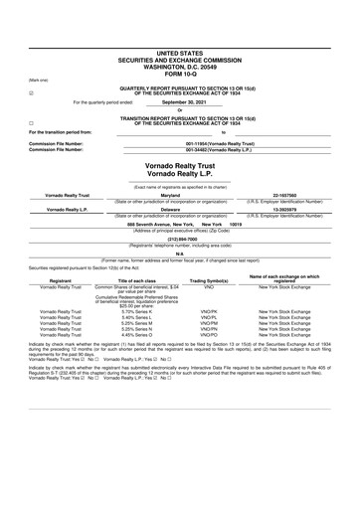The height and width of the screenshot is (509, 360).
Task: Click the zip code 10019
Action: (x=236, y=225)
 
